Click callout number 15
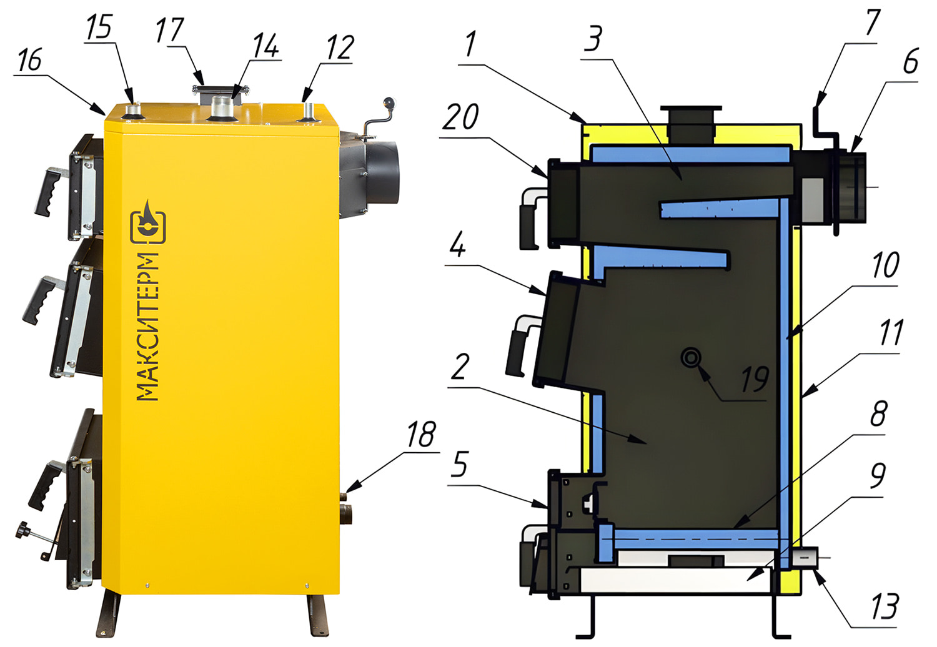[x=99, y=28]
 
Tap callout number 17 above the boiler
[x=170, y=31]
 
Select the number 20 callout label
[x=460, y=117]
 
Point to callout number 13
[x=885, y=606]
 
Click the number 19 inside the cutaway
[x=755, y=379]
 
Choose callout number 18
[x=422, y=434]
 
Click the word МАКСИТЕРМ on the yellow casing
[x=147, y=327]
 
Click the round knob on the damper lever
[x=389, y=102]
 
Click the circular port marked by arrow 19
[x=691, y=358]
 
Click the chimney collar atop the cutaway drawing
[x=691, y=125]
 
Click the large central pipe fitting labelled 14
[x=222, y=107]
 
